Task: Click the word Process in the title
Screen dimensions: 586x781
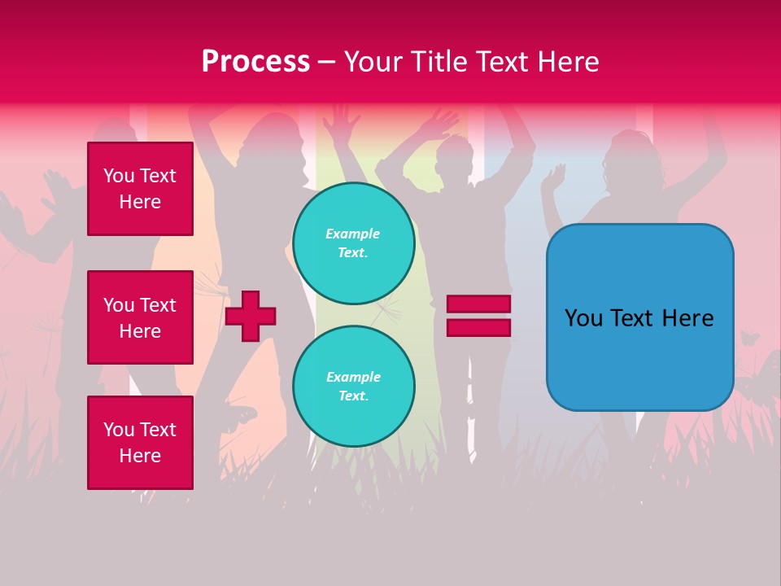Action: point(255,62)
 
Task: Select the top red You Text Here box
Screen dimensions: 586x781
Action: point(140,189)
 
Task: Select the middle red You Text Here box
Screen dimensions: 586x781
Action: point(140,317)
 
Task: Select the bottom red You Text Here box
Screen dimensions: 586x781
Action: point(140,443)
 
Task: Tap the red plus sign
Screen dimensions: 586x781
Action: point(251,316)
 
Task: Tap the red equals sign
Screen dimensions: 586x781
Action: point(478,316)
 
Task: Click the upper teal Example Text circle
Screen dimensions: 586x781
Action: point(353,243)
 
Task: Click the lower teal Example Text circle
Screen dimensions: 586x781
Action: point(353,387)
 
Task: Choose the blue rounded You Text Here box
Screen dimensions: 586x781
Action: point(639,317)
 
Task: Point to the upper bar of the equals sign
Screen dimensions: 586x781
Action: point(478,304)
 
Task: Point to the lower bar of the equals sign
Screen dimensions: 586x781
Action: point(478,327)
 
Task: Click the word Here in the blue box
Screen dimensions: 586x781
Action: point(687,318)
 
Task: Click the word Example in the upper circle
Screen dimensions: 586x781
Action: point(353,234)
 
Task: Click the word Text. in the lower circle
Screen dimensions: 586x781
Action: point(353,396)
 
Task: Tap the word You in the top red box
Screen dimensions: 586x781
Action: point(119,176)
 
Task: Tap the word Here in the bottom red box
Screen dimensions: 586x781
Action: point(140,456)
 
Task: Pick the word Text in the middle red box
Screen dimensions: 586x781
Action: point(157,305)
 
